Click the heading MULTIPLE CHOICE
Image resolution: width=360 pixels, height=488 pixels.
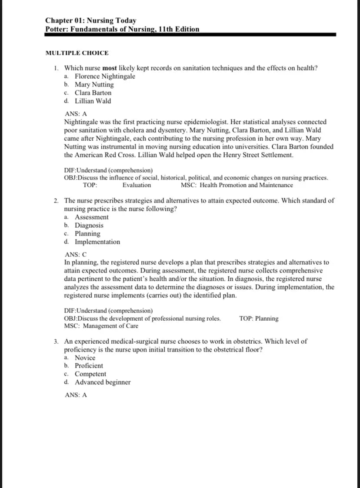coord(77,53)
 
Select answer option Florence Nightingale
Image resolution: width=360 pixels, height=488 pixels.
coord(105,76)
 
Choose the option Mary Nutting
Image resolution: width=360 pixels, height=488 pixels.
coord(94,85)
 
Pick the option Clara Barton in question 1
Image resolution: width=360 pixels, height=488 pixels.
coord(93,93)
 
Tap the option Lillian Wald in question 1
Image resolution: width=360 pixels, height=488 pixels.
coord(93,101)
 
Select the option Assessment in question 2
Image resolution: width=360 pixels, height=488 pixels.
coord(91,217)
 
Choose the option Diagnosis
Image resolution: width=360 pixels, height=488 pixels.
coord(89,226)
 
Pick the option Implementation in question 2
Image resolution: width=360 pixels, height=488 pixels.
coord(97,242)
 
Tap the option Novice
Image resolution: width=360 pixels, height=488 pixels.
coord(85,358)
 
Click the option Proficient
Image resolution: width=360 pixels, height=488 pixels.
coord(89,366)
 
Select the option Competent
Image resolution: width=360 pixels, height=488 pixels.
coord(90,374)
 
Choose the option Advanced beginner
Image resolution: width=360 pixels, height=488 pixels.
coord(102,382)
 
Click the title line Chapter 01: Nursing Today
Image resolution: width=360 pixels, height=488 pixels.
coord(90,20)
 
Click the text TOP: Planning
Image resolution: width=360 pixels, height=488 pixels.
coord(259,319)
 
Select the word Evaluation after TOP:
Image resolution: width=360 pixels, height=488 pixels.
coord(137,185)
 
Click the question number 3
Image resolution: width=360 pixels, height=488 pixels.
coord(57,342)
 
